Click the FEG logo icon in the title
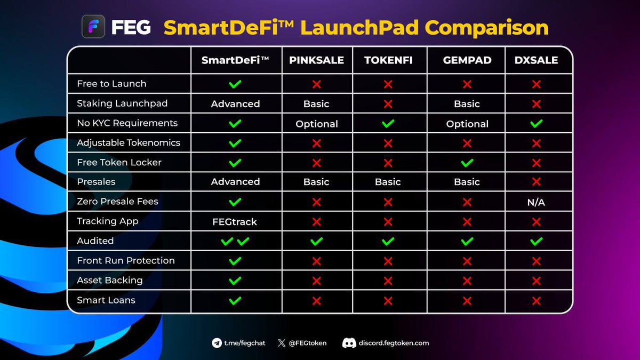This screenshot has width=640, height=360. pos(93,27)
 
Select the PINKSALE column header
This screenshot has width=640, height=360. pos(316,60)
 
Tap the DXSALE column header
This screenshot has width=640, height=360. pos(536,60)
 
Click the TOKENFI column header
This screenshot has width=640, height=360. pos(388,60)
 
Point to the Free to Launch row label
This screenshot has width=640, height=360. pos(111,84)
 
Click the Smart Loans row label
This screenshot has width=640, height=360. pos(106,300)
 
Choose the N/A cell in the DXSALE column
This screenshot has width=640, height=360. pos(536,202)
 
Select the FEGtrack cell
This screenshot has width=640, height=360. pos(235,222)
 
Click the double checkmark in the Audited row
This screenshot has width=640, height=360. pos(235,242)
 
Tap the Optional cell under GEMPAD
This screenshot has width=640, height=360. pos(467,124)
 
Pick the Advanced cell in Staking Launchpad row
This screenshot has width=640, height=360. pos(235,104)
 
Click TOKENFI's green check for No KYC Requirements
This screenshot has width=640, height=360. pos(388,123)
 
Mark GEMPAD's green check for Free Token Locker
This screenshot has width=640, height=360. pos(467,163)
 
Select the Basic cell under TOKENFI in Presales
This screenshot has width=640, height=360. pos(388,182)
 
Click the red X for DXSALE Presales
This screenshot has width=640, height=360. pos(536,182)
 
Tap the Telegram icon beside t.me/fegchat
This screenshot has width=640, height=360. pos(217,343)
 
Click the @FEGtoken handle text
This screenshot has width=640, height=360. pos(308,343)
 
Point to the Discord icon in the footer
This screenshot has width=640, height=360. pos(349,343)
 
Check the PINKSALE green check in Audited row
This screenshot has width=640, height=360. pos(316,242)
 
